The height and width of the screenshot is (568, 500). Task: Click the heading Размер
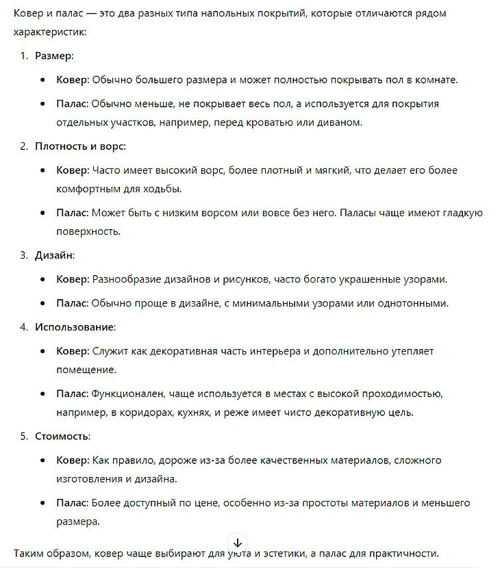[x=54, y=55]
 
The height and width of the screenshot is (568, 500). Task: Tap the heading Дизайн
[x=54, y=255]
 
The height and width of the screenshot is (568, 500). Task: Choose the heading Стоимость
[x=62, y=436]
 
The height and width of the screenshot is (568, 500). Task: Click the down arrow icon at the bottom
[x=238, y=542]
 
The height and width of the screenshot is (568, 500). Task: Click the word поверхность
[x=88, y=231]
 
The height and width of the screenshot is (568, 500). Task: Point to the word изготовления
[x=88, y=478]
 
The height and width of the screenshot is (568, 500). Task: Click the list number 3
[x=23, y=255]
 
